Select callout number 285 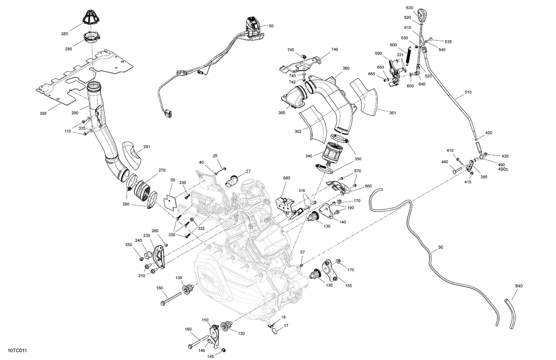64,34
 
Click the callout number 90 271,26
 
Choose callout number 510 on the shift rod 468,92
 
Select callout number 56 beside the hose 440,247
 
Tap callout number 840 519,286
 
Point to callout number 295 43,113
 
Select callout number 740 335,49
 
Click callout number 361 392,113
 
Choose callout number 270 162,170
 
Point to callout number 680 287,178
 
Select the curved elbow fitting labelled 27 232,180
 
